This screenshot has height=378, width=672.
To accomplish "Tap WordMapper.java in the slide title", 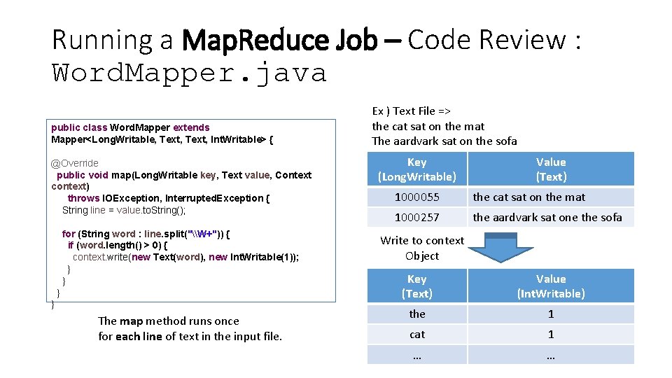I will tap(189, 73).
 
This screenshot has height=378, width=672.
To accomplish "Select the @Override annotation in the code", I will tap(75, 163).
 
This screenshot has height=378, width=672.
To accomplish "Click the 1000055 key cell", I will tap(416, 197).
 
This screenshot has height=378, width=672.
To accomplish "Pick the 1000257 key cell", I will tap(416, 217).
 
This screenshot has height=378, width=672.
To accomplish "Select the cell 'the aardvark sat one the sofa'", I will tap(547, 217).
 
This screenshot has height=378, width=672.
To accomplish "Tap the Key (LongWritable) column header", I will tap(416, 169).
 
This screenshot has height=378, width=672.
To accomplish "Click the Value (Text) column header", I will tap(551, 169).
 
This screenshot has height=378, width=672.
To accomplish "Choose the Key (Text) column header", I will tap(416, 286).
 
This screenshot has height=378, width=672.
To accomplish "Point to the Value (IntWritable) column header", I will tap(551, 286).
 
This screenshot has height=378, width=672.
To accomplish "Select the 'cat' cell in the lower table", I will tap(416, 335).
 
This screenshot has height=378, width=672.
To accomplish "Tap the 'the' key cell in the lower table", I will tap(416, 314).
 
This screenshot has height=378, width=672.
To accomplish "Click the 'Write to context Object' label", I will tap(422, 248).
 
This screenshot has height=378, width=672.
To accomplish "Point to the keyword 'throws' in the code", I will tap(83, 198).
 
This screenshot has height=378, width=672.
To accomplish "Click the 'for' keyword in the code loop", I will tap(69, 234).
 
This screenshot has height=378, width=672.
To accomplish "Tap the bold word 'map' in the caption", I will tap(131, 321).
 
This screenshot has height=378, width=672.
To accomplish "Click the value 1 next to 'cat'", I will tap(551, 335).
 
